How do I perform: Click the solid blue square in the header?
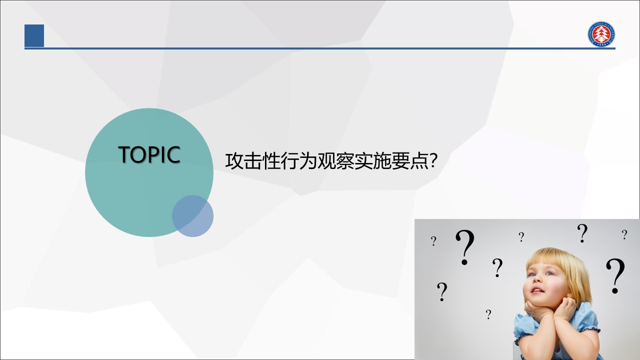(34, 35)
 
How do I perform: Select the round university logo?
(601, 34)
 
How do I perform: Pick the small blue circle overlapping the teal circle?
(192, 216)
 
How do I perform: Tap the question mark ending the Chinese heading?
(433, 160)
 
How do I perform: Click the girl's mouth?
(537, 290)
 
